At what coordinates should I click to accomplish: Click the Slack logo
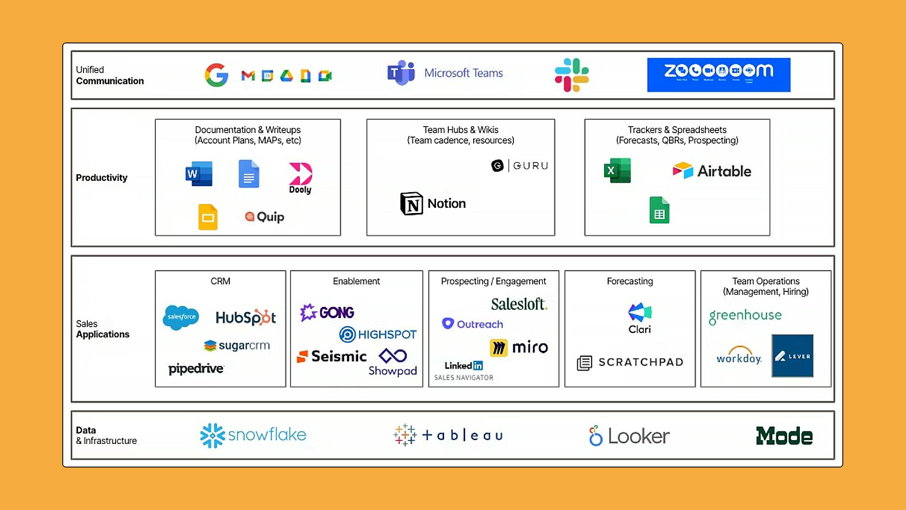pyautogui.click(x=571, y=75)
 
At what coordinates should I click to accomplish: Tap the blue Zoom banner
pyautogui.click(x=718, y=75)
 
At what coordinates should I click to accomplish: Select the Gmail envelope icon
pyautogui.click(x=248, y=76)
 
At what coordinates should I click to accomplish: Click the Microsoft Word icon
pyautogui.click(x=199, y=174)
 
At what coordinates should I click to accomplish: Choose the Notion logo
pyautogui.click(x=433, y=204)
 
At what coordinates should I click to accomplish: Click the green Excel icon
pyautogui.click(x=617, y=170)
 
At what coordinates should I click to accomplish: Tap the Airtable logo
pyautogui.click(x=712, y=171)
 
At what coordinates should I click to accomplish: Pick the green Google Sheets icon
pyautogui.click(x=659, y=210)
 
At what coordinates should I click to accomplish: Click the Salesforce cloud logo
pyautogui.click(x=181, y=317)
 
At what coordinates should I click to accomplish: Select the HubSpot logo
pyautogui.click(x=246, y=317)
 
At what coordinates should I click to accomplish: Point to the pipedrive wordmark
pyautogui.click(x=196, y=368)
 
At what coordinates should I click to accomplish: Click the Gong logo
pyautogui.click(x=327, y=312)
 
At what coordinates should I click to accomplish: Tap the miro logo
pyautogui.click(x=519, y=348)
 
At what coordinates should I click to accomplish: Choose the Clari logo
pyautogui.click(x=639, y=318)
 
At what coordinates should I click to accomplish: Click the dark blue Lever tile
pyautogui.click(x=792, y=356)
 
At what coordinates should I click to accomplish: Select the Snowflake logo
pyautogui.click(x=253, y=435)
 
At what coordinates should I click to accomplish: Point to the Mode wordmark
pyautogui.click(x=784, y=436)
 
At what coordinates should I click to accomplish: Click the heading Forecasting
pyautogui.click(x=629, y=281)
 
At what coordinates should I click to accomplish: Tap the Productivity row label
pyautogui.click(x=101, y=178)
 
